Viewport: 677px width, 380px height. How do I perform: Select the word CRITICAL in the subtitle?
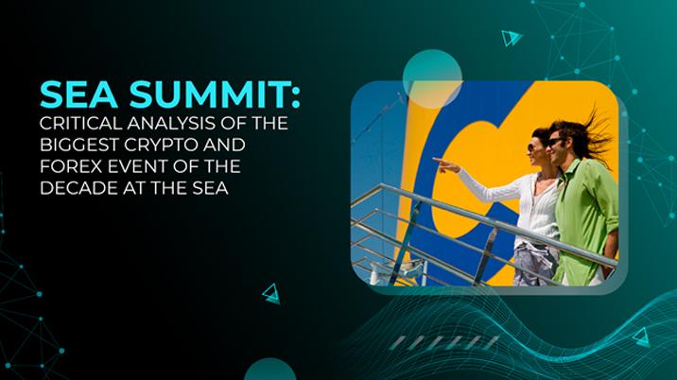coord(78,126)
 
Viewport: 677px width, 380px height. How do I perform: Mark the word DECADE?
coord(78,190)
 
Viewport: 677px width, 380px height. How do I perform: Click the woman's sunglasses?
coord(534,147)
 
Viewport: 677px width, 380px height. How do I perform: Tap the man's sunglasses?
coord(556,141)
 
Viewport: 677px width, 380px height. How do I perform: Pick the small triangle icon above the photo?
coord(511,38)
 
